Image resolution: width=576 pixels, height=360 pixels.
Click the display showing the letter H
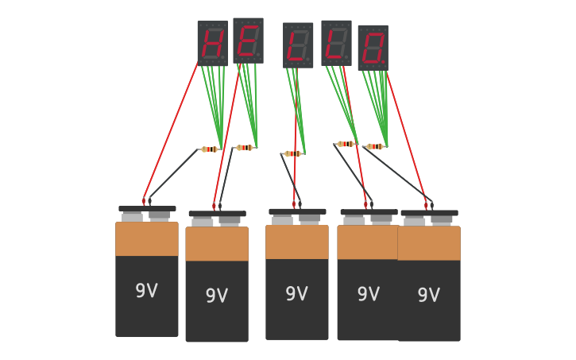pyautogui.click(x=212, y=43)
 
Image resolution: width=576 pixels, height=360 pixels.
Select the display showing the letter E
pyautogui.click(x=248, y=41)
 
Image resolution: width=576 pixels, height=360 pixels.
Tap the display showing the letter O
pyautogui.click(x=373, y=48)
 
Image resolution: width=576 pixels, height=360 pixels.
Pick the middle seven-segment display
pyautogui.click(x=298, y=45)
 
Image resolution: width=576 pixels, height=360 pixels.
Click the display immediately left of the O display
pyautogui.click(x=336, y=43)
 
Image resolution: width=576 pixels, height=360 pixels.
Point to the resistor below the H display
pyautogui.click(x=209, y=149)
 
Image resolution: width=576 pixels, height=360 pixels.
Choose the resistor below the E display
pyautogui.click(x=244, y=148)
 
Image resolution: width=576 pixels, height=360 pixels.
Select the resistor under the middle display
pyautogui.click(x=292, y=153)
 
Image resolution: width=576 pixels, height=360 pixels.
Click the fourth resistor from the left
pyautogui.click(x=346, y=144)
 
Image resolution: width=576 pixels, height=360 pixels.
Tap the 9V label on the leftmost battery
pyautogui.click(x=146, y=291)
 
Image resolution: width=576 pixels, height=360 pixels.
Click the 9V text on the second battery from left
pyautogui.click(x=216, y=296)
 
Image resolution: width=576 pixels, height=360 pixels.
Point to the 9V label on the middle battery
pyautogui.click(x=296, y=294)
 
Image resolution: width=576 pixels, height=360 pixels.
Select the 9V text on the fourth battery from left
pyautogui.click(x=368, y=295)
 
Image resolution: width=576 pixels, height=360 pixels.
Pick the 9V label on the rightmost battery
pyautogui.click(x=428, y=296)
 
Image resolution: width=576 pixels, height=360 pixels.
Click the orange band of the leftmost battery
pyautogui.click(x=147, y=239)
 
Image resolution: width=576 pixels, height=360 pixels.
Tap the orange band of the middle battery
pyautogui.click(x=297, y=242)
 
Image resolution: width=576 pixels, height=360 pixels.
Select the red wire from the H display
pyautogui.click(x=171, y=131)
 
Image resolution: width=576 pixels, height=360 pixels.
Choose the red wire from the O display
pyautogui.click(x=407, y=135)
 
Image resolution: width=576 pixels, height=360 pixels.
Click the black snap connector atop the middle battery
pyautogui.click(x=297, y=211)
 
